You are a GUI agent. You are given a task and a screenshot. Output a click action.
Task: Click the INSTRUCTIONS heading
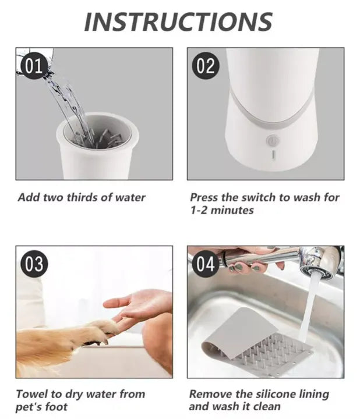[x=178, y=22]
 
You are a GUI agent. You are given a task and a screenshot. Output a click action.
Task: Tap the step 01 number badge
[x=34, y=65]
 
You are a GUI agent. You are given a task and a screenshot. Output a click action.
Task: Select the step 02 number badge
[x=206, y=65]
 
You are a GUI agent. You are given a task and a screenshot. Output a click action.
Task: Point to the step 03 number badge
[x=34, y=264]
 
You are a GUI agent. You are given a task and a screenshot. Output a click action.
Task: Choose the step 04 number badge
[x=206, y=264]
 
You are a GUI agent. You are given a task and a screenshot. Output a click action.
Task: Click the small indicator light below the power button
[x=273, y=154]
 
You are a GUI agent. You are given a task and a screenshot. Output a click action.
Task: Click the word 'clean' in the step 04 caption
[x=267, y=406]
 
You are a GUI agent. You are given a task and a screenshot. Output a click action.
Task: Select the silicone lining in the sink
[x=257, y=342]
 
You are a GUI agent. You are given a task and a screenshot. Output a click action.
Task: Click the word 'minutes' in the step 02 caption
[x=232, y=210]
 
